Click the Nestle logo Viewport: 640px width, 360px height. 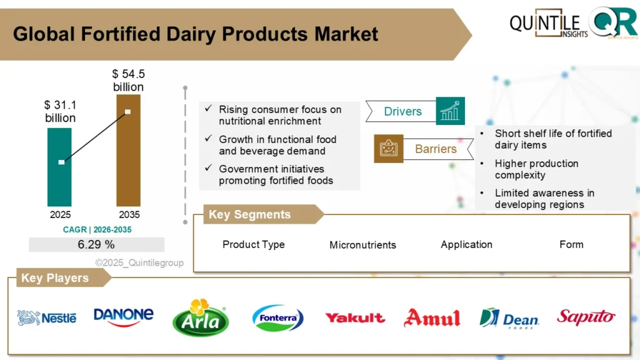pyautogui.click(x=47, y=317)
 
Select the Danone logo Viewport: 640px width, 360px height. pyautogui.click(x=123, y=316)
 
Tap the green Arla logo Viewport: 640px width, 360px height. pyautogui.click(x=201, y=318)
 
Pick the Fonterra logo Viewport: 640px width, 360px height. pyautogui.click(x=278, y=318)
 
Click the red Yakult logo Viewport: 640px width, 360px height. pyautogui.click(x=355, y=317)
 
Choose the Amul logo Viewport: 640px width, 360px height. pyautogui.click(x=432, y=318)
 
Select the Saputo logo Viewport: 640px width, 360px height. pyautogui.click(x=586, y=317)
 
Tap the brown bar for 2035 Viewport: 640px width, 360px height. pyautogui.click(x=128, y=150)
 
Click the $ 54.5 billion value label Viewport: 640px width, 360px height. pyautogui.click(x=128, y=81)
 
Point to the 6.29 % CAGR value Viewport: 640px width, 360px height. pyautogui.click(x=96, y=244)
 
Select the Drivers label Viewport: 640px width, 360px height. pyautogui.click(x=402, y=111)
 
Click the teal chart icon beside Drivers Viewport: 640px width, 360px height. pyautogui.click(x=450, y=111)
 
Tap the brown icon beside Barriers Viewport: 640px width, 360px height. pyautogui.click(x=389, y=149)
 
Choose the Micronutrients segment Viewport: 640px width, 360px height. pyautogui.click(x=362, y=245)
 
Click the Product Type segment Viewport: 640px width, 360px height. pyautogui.click(x=253, y=244)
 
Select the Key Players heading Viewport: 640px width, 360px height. pyautogui.click(x=55, y=278)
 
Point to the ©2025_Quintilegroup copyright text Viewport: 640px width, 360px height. pyautogui.click(x=139, y=263)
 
